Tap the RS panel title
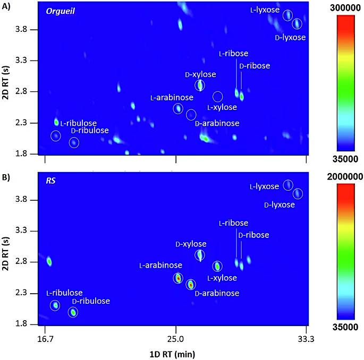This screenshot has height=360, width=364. (52, 181)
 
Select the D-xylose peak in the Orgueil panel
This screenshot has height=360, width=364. (200, 85)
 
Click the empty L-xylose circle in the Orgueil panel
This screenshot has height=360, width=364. (218, 96)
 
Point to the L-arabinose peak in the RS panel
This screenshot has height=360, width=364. (178, 278)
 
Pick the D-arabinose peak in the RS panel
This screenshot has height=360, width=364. (191, 285)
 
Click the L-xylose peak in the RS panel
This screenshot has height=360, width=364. (217, 266)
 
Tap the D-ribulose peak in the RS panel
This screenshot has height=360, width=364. (73, 312)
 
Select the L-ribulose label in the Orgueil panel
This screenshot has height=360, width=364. (78, 123)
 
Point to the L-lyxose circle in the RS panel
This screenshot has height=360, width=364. (287, 185)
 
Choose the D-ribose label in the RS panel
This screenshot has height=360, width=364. (254, 235)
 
